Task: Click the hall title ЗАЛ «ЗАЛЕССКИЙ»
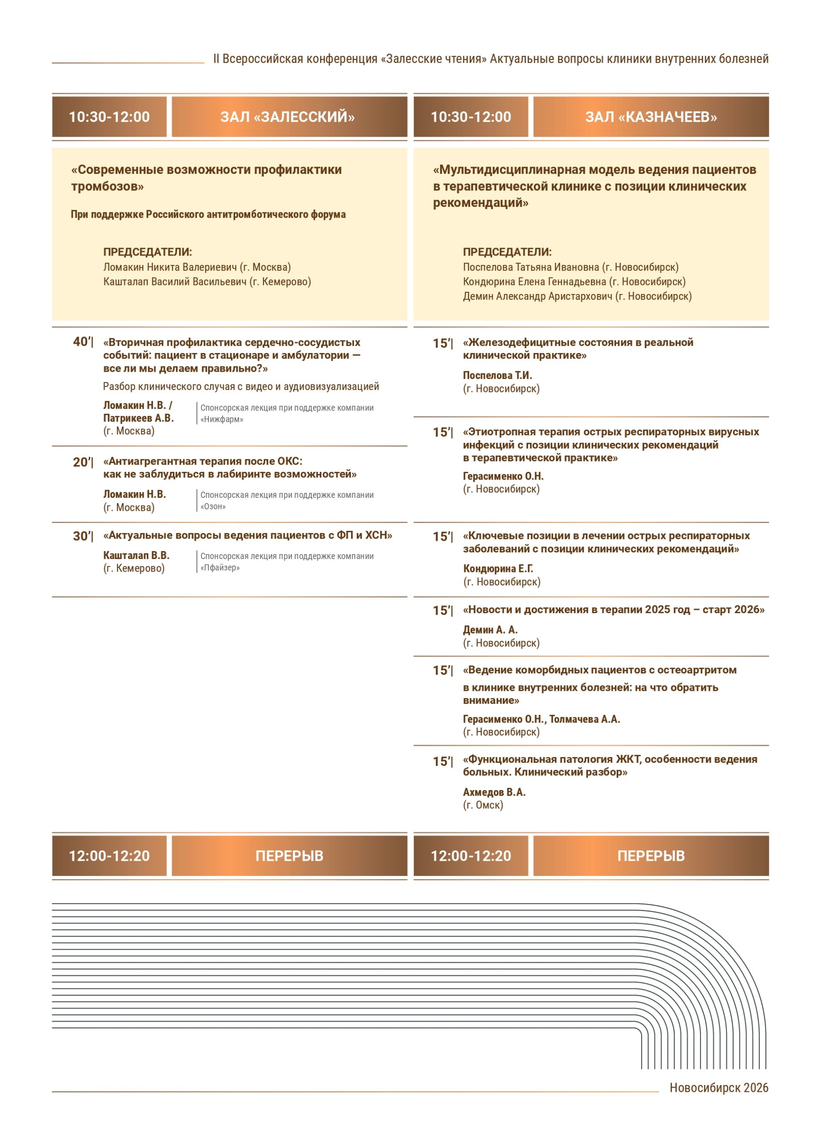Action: coord(287,117)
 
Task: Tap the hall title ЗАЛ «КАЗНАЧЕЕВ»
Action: coord(650,117)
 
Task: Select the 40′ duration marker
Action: coord(82,342)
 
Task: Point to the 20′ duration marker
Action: coord(82,462)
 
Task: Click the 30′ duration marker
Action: coord(82,536)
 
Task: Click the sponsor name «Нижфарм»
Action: coord(222,420)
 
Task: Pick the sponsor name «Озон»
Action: coord(213,507)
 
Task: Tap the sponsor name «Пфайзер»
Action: coord(220,568)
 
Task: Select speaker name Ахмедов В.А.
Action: coord(494,792)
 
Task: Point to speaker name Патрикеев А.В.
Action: coord(138,418)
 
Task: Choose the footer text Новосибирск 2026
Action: coord(719,1088)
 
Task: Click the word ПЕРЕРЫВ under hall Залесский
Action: coord(289,856)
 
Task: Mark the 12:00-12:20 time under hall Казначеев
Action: coord(471,856)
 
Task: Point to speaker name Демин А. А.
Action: coord(490,630)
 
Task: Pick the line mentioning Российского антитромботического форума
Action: coord(208,214)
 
